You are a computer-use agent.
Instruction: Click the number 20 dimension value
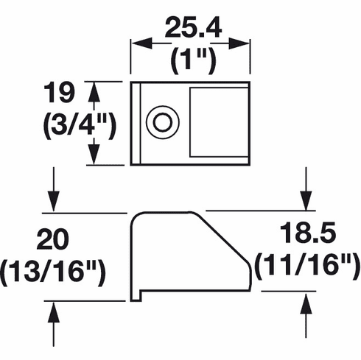tap(52, 240)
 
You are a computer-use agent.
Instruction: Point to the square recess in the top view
tap(219, 121)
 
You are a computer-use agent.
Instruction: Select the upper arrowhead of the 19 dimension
tap(94, 88)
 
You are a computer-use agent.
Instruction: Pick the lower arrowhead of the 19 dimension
tap(94, 159)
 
